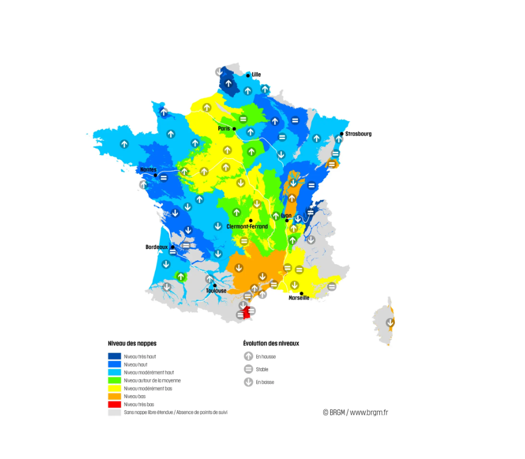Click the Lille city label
click(256, 74)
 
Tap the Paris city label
click(224, 128)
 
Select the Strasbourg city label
click(358, 134)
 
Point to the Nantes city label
click(148, 169)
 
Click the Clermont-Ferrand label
click(247, 226)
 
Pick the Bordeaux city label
click(156, 247)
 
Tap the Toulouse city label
click(216, 291)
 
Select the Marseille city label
click(299, 298)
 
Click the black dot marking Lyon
click(286, 220)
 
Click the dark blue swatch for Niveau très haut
click(115, 356)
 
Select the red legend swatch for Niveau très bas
click(115, 405)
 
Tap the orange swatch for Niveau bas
click(115, 396)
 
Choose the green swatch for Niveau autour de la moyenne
click(115, 380)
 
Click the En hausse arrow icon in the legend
click(249, 357)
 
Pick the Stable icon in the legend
click(249, 369)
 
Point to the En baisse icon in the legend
click(249, 382)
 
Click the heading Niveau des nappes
click(132, 343)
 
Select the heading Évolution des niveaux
click(271, 343)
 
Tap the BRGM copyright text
click(355, 412)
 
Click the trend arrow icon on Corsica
click(390, 322)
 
